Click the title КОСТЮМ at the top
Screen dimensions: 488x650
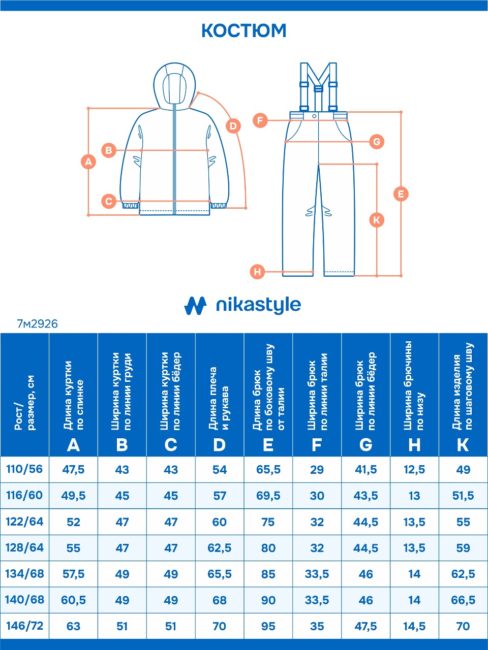tap(244, 31)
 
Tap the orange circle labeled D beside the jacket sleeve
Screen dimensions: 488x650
tap(233, 126)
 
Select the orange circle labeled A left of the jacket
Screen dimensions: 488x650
tap(88, 162)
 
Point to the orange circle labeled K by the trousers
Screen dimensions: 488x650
tap(377, 220)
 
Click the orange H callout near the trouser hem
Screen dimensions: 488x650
tap(257, 272)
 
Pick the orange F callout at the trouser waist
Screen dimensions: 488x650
tap(260, 120)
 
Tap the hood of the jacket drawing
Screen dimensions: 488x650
tap(174, 86)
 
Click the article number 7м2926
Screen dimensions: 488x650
tap(37, 324)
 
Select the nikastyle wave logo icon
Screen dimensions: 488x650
tap(195, 306)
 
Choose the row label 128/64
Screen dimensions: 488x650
tap(24, 547)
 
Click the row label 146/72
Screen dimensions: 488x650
tap(24, 626)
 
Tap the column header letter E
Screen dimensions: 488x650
tap(268, 445)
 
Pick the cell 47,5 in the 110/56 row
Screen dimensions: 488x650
tap(73, 469)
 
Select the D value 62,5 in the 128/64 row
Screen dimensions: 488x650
tap(219, 548)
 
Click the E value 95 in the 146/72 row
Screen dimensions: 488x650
tap(268, 626)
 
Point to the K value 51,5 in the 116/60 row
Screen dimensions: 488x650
tap(463, 496)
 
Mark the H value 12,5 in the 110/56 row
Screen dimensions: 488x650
tap(414, 469)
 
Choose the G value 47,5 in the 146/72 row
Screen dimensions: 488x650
tap(365, 626)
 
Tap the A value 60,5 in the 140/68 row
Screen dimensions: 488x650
tap(73, 600)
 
